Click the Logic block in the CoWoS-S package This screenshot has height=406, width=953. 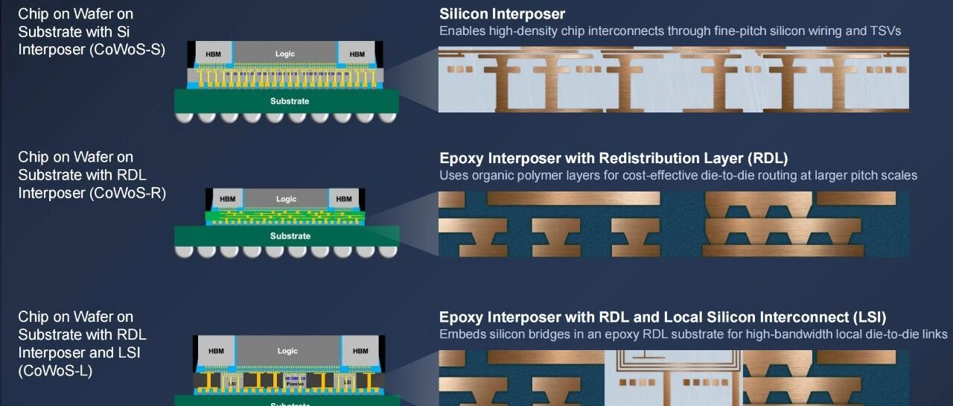(285, 54)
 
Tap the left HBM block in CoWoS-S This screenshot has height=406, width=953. (214, 54)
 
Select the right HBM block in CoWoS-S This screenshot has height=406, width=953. (357, 54)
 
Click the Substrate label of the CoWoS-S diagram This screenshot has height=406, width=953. (290, 101)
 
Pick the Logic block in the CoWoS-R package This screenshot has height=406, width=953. (286, 199)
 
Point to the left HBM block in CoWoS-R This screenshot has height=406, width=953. (228, 199)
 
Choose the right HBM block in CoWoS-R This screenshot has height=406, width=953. (344, 199)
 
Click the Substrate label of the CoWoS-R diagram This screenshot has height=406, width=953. (290, 236)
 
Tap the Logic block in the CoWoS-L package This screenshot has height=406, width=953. (287, 351)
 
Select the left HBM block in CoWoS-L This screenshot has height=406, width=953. (216, 351)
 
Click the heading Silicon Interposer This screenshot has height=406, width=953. (502, 14)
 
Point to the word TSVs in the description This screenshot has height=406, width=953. (885, 31)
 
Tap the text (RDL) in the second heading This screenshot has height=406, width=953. (768, 159)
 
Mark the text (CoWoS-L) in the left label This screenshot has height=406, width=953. (55, 371)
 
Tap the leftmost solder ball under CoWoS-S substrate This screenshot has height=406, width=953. (184, 117)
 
